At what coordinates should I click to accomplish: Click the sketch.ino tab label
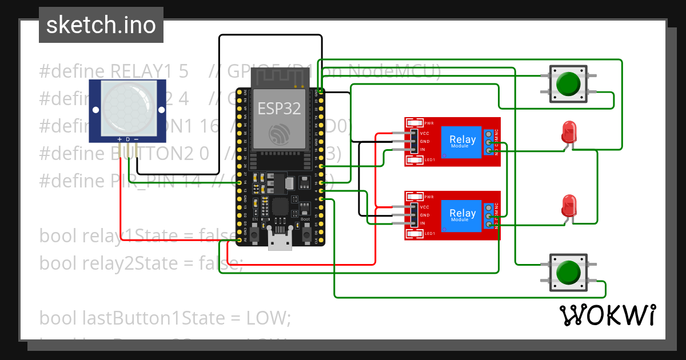(101, 25)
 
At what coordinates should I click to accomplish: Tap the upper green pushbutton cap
(568, 83)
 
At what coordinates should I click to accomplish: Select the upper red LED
(568, 131)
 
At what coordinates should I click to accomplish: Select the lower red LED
(569, 205)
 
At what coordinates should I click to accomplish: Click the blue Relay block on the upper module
(462, 141)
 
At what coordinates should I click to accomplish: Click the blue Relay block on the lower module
(462, 215)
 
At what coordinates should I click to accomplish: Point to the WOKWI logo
(608, 315)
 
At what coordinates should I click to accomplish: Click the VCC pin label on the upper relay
(425, 133)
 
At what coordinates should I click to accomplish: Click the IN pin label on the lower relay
(422, 223)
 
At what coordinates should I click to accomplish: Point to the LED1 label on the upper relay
(429, 160)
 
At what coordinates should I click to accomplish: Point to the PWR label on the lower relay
(429, 197)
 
